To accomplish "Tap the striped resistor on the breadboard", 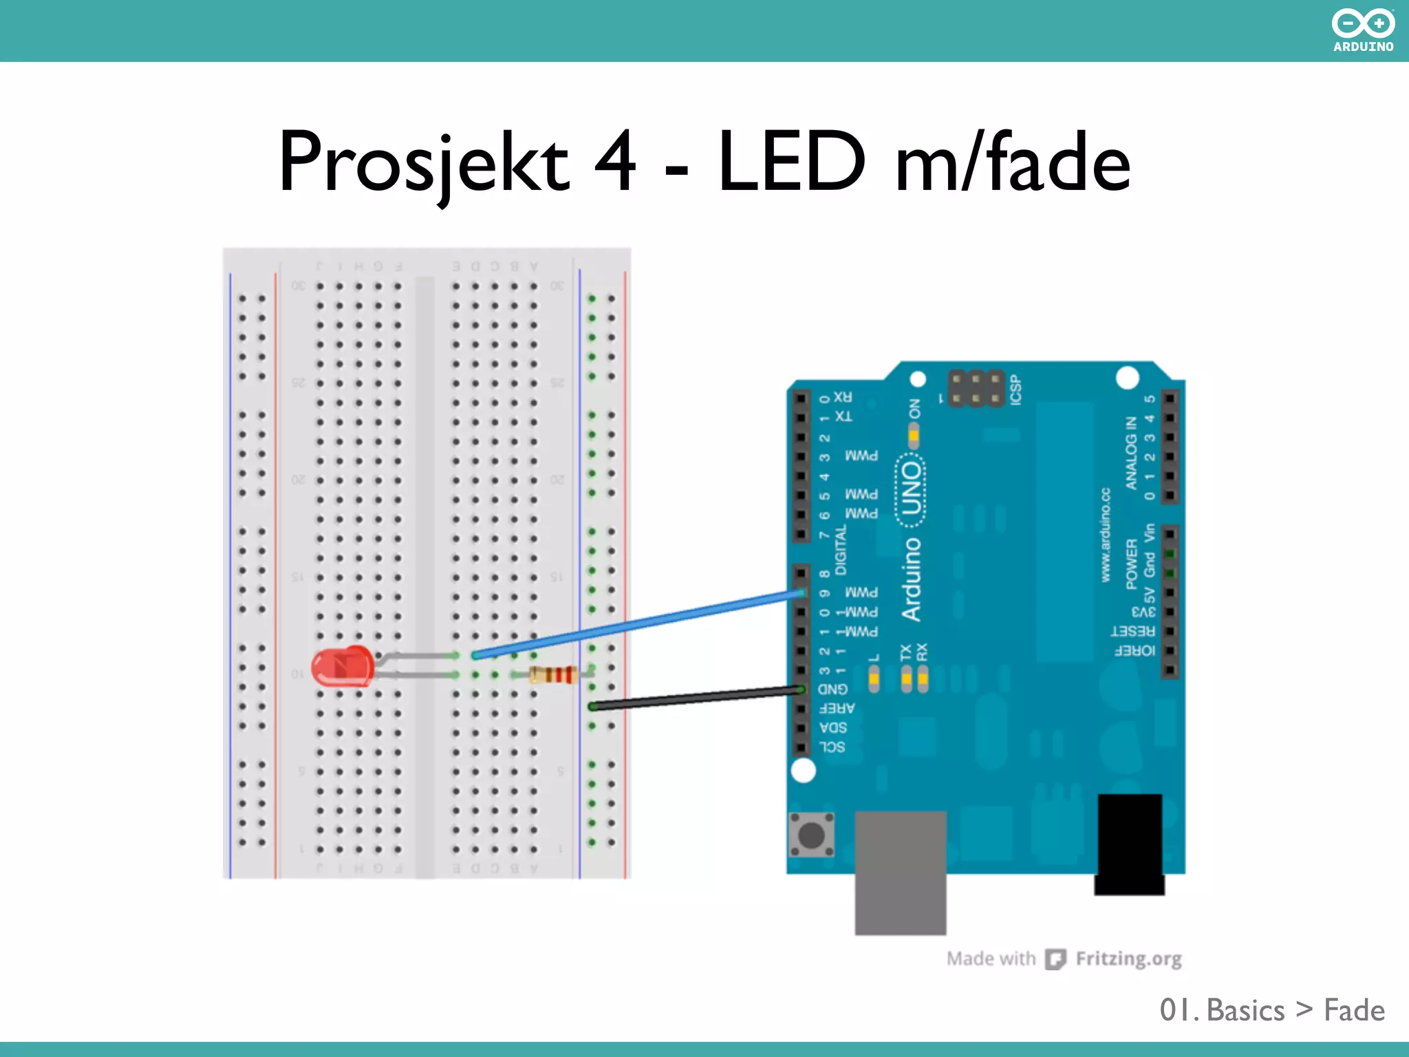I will (x=553, y=674).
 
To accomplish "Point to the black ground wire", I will (x=695, y=698).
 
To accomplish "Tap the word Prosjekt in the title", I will (x=423, y=164).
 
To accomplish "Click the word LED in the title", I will (x=791, y=162).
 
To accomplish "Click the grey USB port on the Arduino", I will (x=900, y=872).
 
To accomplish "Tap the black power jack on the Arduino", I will (x=1129, y=844).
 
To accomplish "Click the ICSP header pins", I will (x=976, y=389).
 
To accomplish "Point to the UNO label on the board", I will (x=911, y=489).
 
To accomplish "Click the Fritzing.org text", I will (x=1128, y=959).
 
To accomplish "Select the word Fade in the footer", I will (x=1354, y=1010).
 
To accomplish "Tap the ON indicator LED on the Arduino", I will (x=914, y=435).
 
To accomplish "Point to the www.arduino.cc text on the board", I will (x=1106, y=535).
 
